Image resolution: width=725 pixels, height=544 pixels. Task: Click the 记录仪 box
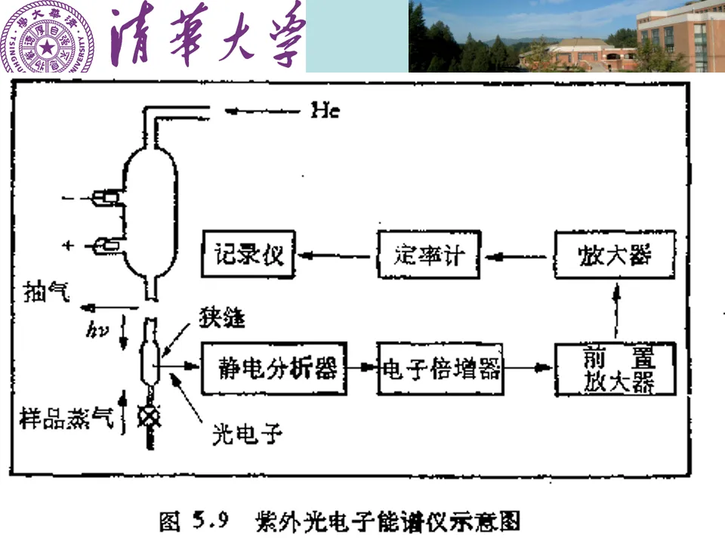[248, 255]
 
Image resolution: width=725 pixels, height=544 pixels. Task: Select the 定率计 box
[427, 255]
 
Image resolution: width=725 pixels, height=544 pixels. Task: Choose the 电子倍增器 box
[440, 369]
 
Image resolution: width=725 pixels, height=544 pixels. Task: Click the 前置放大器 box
[615, 369]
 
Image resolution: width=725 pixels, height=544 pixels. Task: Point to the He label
[325, 111]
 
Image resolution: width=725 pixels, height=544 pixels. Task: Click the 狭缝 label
[221, 317]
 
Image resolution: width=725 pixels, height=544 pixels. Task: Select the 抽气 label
[48, 290]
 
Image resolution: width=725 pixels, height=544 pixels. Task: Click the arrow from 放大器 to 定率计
[517, 255]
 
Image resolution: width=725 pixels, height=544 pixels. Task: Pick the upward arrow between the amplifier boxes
[616, 310]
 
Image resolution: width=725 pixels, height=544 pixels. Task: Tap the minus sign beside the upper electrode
[70, 198]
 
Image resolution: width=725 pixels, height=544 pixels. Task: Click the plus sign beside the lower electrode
[71, 246]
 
